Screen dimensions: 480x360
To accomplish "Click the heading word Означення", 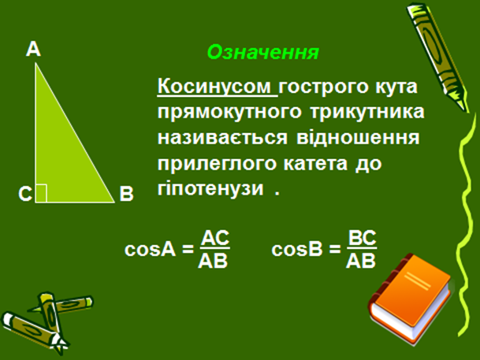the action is pyautogui.click(x=263, y=52).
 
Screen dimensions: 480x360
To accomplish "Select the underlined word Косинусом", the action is pyautogui.click(x=214, y=87).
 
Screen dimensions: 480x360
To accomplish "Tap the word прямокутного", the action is pyautogui.click(x=229, y=113).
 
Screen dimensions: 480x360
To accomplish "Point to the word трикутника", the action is pyautogui.click(x=367, y=112).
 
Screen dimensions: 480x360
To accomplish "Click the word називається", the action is pyautogui.click(x=223, y=137).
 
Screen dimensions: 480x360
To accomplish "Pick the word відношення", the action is pyautogui.click(x=358, y=137).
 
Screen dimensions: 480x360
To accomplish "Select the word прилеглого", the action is pyautogui.click(x=216, y=164).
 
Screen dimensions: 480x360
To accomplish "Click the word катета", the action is pyautogui.click(x=315, y=164).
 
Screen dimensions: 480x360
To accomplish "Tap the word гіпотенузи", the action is pyautogui.click(x=210, y=189).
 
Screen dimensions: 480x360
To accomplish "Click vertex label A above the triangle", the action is pyautogui.click(x=33, y=49).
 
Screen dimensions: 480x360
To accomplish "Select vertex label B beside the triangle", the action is pyautogui.click(x=126, y=194).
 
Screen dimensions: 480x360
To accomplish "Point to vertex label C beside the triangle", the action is pyautogui.click(x=25, y=194).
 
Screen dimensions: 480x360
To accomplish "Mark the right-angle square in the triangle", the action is pyautogui.click(x=41, y=193).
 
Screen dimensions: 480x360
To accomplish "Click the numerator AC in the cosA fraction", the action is pyautogui.click(x=215, y=238).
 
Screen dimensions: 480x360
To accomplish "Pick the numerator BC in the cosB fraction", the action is pyautogui.click(x=362, y=238).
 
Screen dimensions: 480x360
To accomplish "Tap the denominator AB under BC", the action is pyautogui.click(x=361, y=261).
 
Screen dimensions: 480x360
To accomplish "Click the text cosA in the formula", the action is pyautogui.click(x=151, y=249).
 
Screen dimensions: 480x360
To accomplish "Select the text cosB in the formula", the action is pyautogui.click(x=297, y=249).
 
